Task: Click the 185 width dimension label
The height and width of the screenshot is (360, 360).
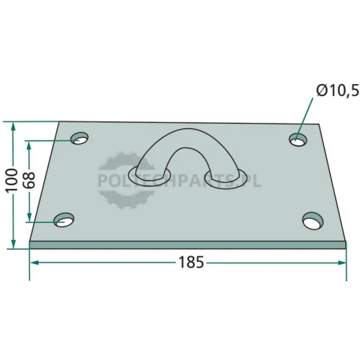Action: click(191, 262)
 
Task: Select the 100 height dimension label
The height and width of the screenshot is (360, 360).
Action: click(12, 180)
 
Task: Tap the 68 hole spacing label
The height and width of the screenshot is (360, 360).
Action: click(29, 180)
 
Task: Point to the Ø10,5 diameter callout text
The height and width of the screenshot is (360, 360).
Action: click(337, 91)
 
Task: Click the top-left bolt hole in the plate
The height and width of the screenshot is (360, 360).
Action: click(79, 139)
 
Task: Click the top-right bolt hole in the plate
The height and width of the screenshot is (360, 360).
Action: click(298, 139)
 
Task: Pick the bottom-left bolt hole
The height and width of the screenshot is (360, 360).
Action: click(64, 220)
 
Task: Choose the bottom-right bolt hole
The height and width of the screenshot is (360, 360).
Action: click(313, 220)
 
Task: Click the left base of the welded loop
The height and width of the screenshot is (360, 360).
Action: click(149, 175)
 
